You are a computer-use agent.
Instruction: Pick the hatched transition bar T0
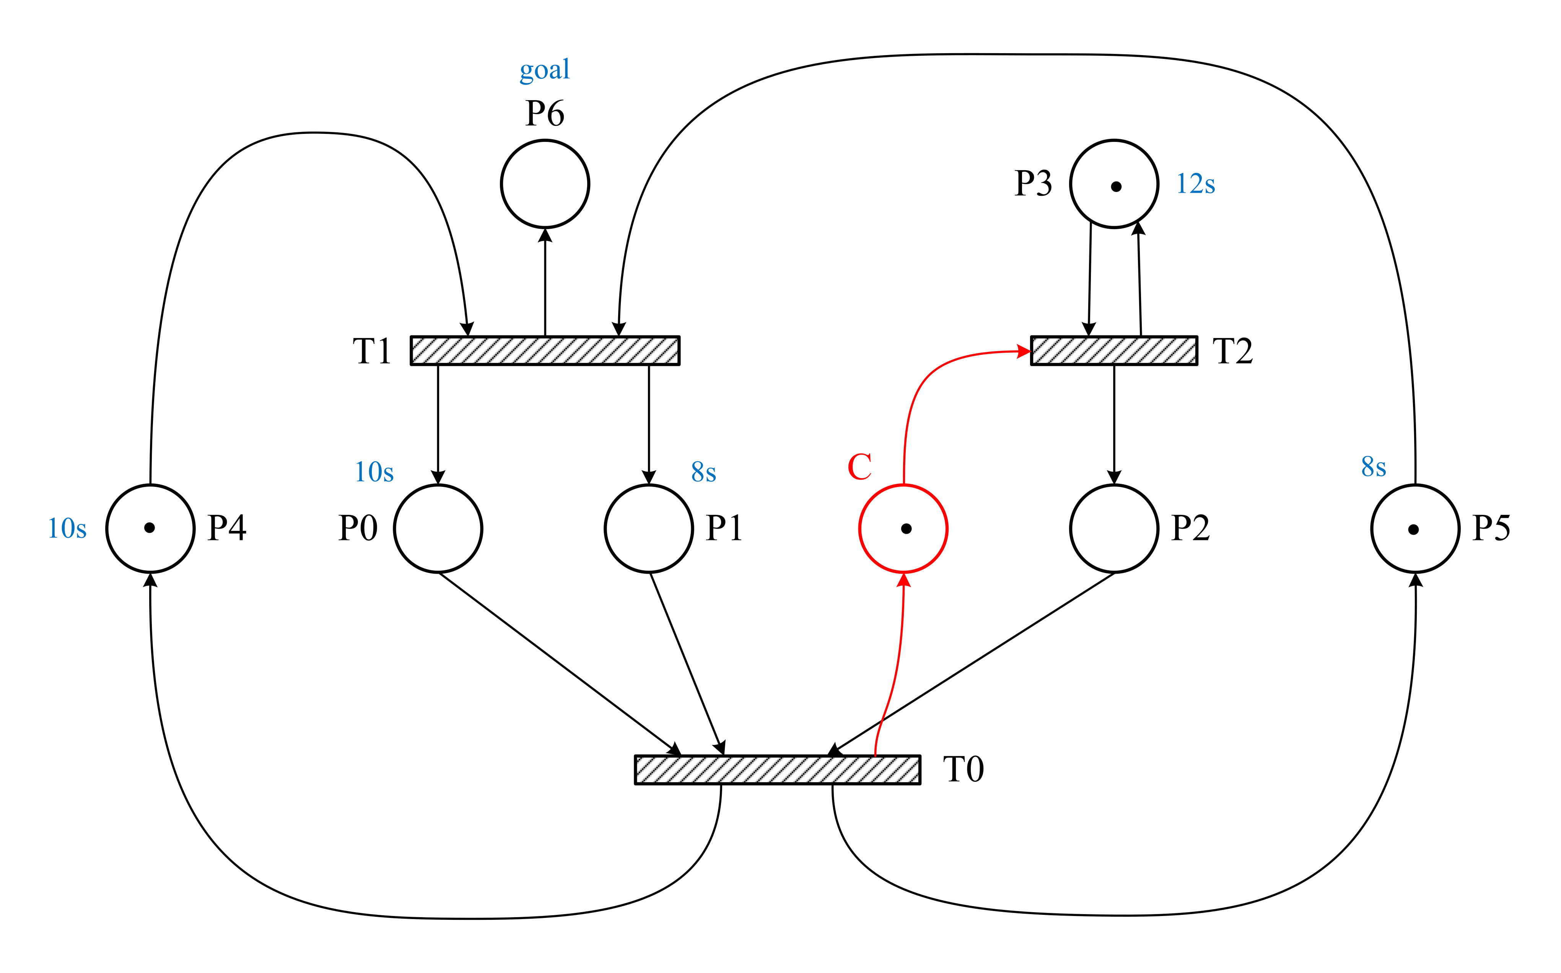(x=777, y=770)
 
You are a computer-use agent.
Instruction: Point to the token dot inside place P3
(x=1116, y=187)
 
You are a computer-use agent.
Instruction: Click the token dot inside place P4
(x=149, y=528)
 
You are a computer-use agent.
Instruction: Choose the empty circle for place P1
(x=649, y=528)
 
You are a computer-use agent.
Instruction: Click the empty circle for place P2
(x=1114, y=528)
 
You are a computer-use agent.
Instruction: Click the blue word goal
(x=544, y=70)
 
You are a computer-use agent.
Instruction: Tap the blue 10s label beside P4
(x=67, y=528)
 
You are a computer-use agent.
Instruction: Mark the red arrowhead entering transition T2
(x=1023, y=351)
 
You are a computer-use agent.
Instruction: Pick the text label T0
(x=963, y=770)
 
